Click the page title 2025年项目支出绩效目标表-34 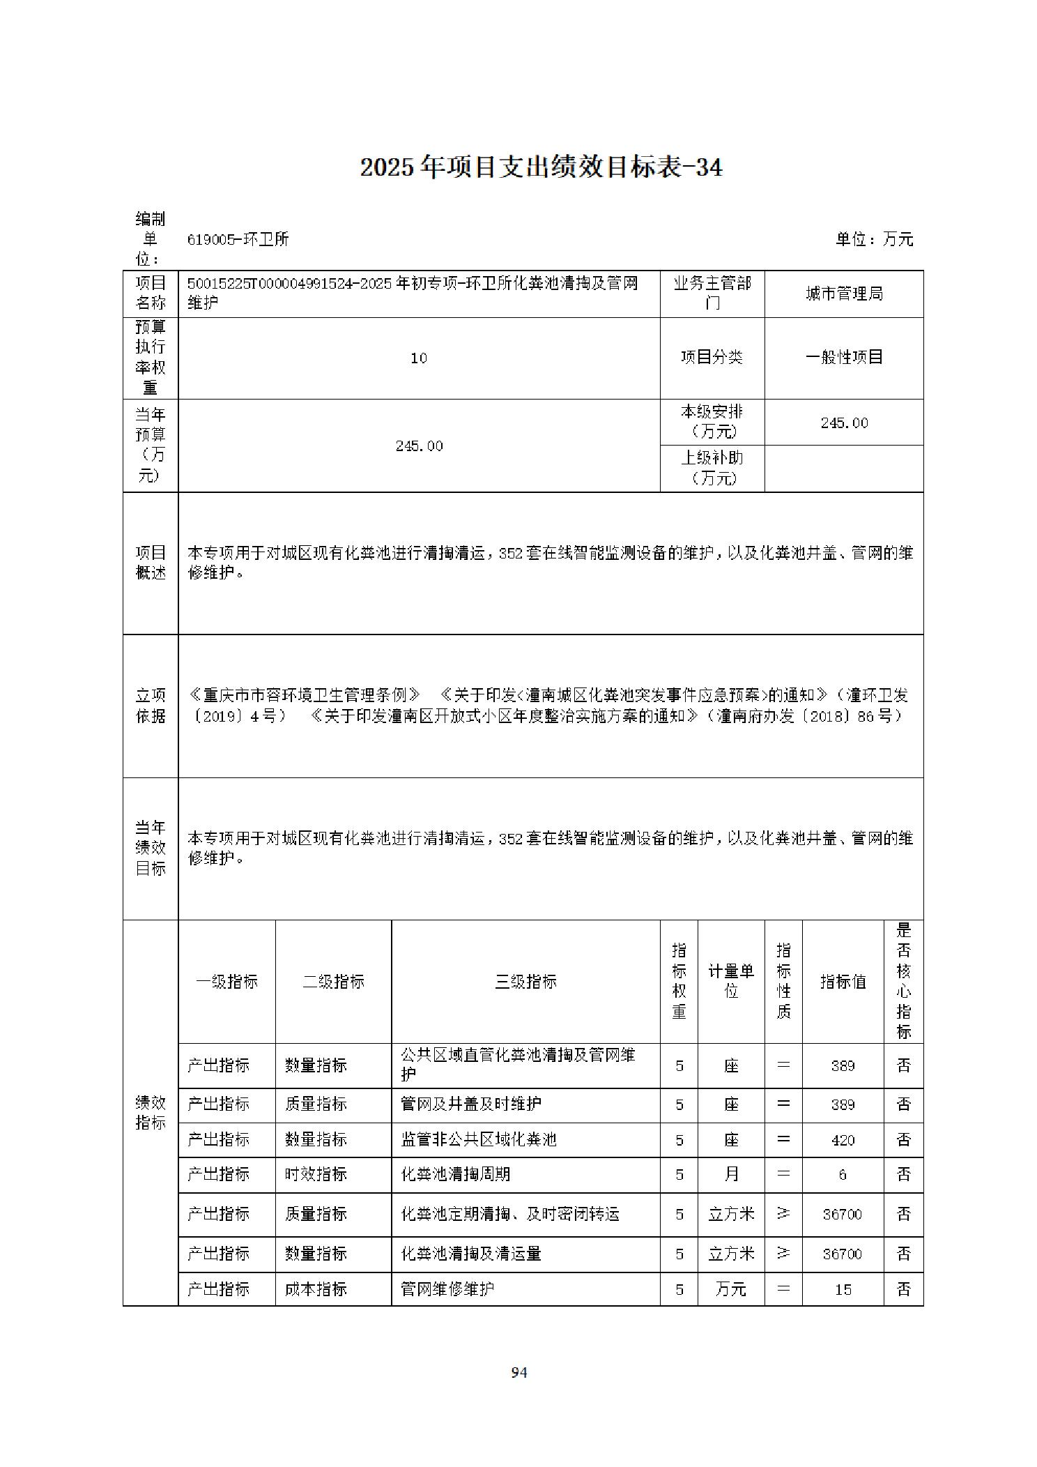[x=541, y=167]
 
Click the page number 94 [x=519, y=1372]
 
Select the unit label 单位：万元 [x=874, y=239]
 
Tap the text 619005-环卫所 [x=238, y=239]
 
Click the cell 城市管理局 [x=844, y=294]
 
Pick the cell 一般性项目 [x=844, y=358]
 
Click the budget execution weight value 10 [x=419, y=358]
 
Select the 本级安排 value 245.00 [x=844, y=423]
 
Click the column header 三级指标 [x=525, y=982]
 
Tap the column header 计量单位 [x=731, y=981]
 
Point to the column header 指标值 [x=843, y=982]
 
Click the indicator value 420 [x=843, y=1140]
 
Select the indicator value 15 [x=843, y=1289]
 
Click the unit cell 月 [x=731, y=1174]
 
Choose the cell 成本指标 [x=316, y=1289]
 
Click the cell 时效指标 [x=316, y=1174]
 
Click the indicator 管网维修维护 [x=447, y=1289]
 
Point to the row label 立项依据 [x=151, y=706]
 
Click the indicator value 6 [x=843, y=1174]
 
